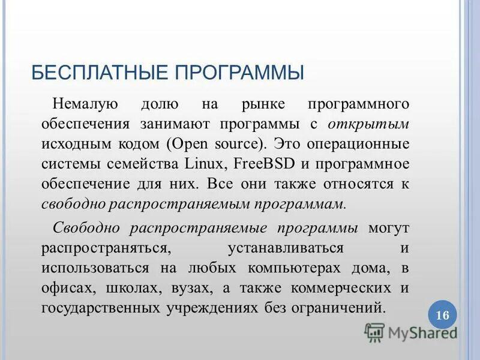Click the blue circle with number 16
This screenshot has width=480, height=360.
tap(442, 316)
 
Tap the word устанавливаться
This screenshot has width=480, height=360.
tap(286, 248)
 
